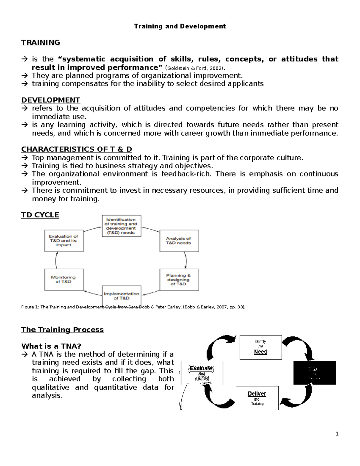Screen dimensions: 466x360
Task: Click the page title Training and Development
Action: click(x=180, y=26)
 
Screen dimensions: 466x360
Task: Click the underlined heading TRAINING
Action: click(x=40, y=43)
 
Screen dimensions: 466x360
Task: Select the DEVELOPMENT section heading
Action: click(x=51, y=100)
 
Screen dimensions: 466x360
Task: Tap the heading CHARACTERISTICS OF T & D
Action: click(x=76, y=149)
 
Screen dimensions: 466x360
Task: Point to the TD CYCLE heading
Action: click(x=40, y=215)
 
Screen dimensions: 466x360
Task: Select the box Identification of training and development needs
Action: click(x=121, y=226)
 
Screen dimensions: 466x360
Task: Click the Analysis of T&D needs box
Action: click(x=179, y=241)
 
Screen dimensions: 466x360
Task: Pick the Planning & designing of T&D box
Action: click(x=179, y=279)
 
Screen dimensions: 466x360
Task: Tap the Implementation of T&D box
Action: click(x=121, y=296)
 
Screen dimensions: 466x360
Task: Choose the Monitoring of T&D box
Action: click(x=64, y=279)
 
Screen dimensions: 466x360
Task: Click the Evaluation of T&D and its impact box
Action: click(x=64, y=241)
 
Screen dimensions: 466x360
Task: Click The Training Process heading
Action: click(x=62, y=329)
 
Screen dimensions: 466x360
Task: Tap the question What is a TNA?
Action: click(x=51, y=346)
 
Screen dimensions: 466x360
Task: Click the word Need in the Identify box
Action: click(x=260, y=352)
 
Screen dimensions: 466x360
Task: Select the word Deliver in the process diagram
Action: click(x=257, y=394)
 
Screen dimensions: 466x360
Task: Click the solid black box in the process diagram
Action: click(x=314, y=372)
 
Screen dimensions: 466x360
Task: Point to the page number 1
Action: click(x=337, y=434)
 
